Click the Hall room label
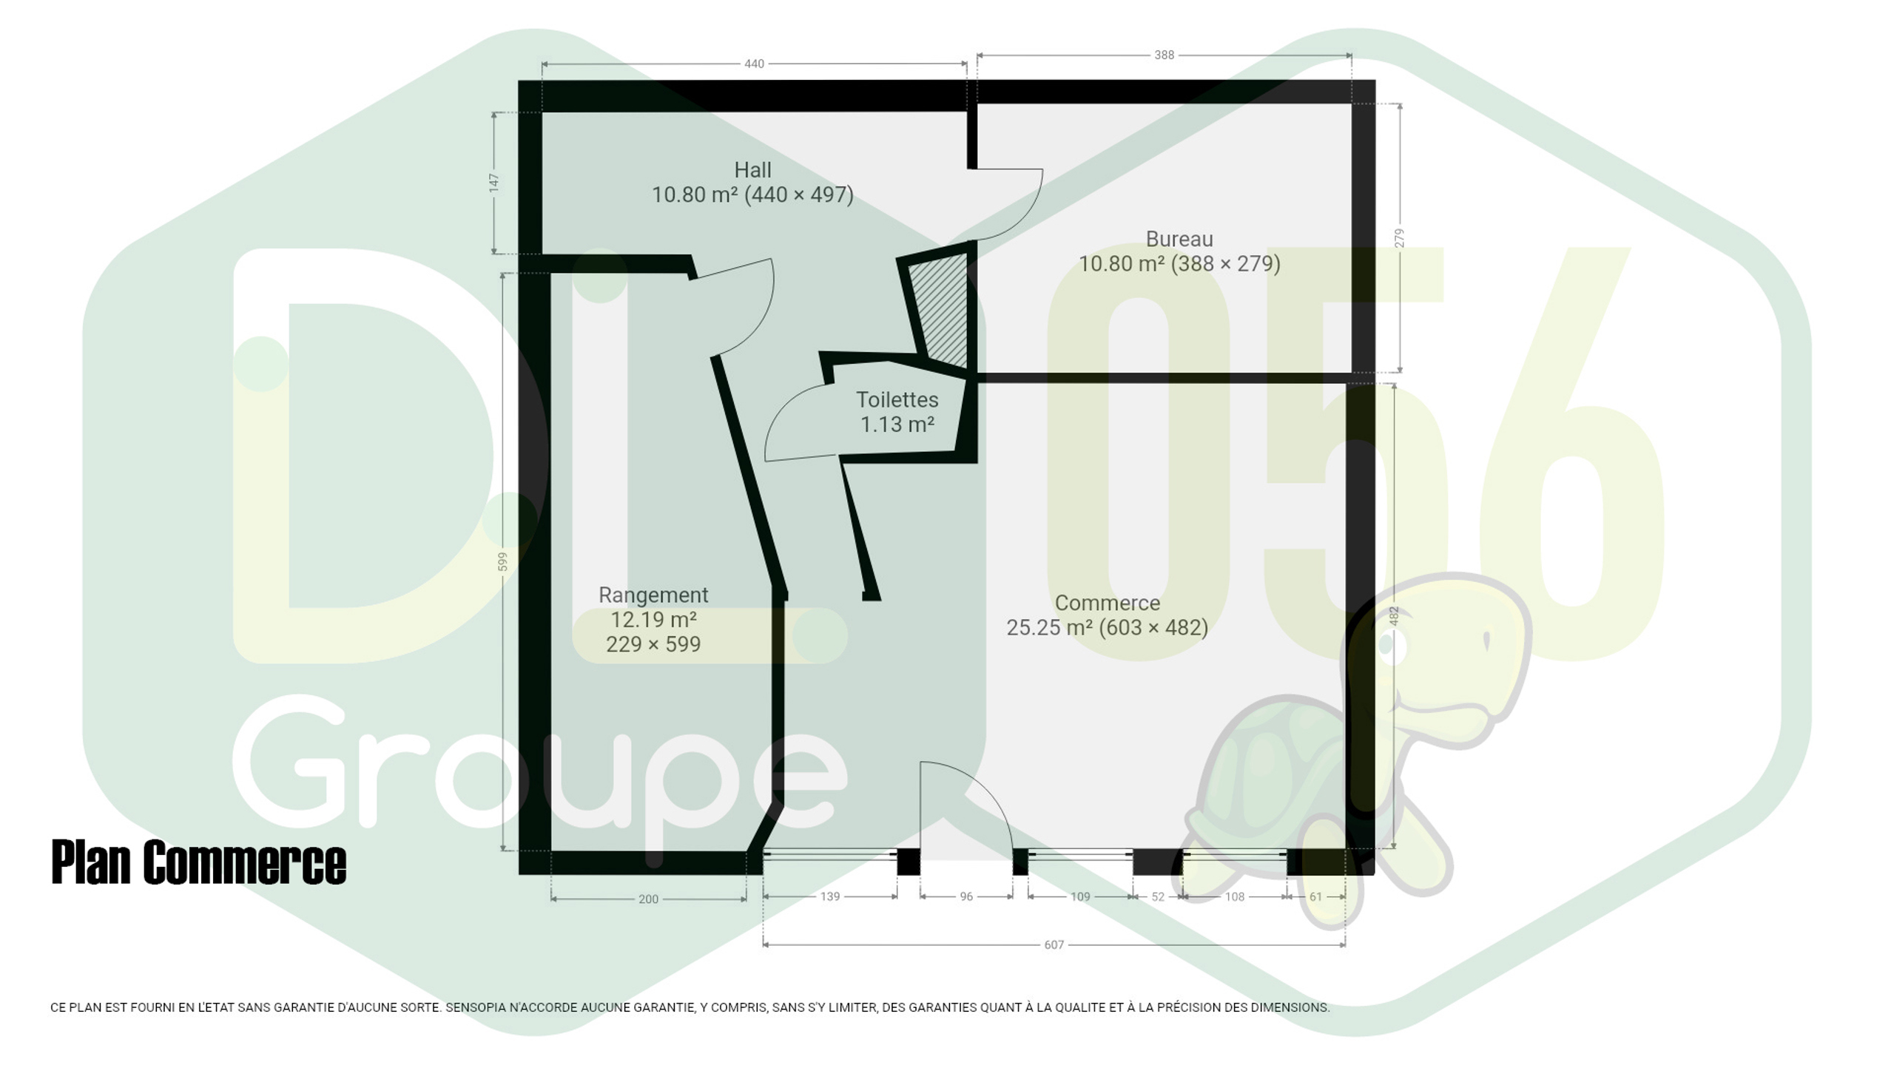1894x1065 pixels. point(752,170)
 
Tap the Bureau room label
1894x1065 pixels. point(1179,239)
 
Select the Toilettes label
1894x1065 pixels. point(897,400)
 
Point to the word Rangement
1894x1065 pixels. point(653,595)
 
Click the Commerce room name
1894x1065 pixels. point(1107,603)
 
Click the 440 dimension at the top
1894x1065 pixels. point(754,64)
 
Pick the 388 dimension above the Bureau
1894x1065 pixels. point(1164,55)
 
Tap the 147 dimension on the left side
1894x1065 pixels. point(493,183)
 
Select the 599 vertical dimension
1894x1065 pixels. point(502,561)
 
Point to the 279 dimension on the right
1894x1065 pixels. point(1398,238)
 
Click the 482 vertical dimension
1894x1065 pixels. point(1394,616)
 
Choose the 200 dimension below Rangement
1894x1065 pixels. point(648,899)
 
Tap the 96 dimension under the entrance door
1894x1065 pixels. point(966,896)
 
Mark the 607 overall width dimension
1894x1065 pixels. point(1054,944)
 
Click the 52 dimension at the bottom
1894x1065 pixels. point(1158,896)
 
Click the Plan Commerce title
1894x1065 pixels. point(199,862)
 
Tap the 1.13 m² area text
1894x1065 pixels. point(897,425)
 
